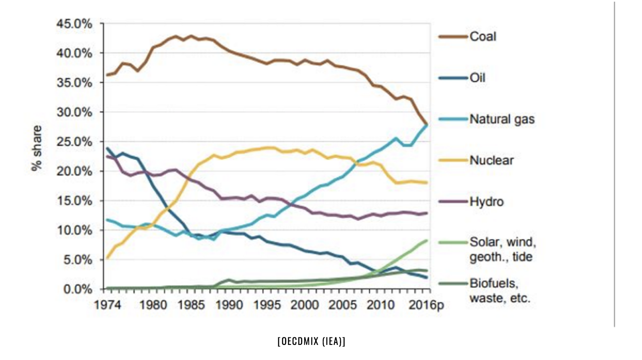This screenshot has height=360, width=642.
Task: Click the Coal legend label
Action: [483, 36]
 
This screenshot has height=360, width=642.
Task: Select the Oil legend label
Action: [477, 77]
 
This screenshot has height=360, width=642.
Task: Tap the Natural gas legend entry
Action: [502, 119]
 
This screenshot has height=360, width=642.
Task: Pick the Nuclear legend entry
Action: [491, 160]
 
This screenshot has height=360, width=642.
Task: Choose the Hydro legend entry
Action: [486, 201]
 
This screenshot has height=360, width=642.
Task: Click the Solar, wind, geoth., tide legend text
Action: [502, 249]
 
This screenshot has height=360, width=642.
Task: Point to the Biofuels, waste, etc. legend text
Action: [500, 291]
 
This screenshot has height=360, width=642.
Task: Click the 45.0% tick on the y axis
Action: [74, 24]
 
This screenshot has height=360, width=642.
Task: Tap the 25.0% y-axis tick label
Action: [74, 142]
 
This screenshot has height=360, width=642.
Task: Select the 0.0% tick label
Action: [77, 289]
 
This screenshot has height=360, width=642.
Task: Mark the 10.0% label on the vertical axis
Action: [74, 230]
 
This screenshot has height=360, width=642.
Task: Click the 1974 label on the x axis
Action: [108, 305]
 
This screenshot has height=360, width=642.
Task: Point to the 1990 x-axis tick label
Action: [229, 305]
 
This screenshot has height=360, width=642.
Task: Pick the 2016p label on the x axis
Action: [426, 305]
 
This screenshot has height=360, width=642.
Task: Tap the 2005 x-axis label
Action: [342, 305]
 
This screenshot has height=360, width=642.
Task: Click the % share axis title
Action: [37, 148]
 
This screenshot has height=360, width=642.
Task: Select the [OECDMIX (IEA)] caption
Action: [311, 341]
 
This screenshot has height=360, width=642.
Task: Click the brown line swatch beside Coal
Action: [453, 36]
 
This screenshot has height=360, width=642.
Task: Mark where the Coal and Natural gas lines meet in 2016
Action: [426, 124]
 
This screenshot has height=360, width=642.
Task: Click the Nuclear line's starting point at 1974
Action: [108, 258]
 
